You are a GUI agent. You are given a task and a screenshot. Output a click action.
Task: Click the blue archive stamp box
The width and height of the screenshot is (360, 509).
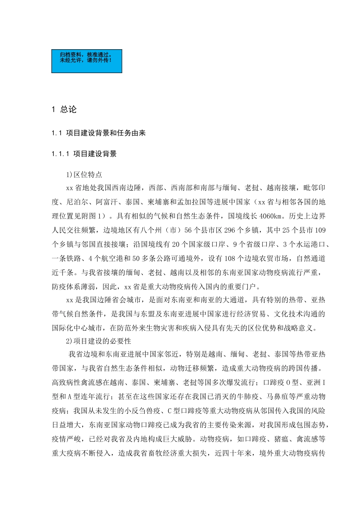pos(87,61)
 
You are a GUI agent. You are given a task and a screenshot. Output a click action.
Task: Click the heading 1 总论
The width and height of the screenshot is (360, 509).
pos(64,109)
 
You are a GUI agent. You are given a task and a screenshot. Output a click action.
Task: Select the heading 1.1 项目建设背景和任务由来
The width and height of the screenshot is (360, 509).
pos(99,133)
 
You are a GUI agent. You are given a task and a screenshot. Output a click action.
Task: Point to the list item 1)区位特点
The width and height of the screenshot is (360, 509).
pos(84,175)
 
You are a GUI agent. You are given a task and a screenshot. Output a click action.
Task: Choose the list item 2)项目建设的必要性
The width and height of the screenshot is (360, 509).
pos(99,341)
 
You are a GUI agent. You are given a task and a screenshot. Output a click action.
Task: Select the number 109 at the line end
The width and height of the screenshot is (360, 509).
pos(320,230)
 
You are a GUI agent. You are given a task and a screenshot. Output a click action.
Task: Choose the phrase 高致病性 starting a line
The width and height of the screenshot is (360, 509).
pos(66,383)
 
